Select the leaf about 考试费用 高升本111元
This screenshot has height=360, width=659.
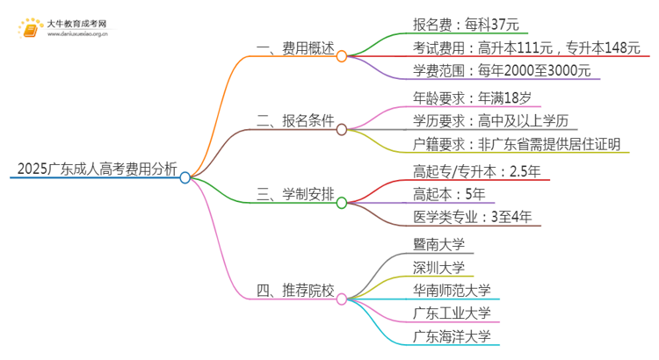525,48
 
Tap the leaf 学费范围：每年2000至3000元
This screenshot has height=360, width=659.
504,70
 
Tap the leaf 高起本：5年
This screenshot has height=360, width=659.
448,194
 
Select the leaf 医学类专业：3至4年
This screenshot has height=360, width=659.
471,216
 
